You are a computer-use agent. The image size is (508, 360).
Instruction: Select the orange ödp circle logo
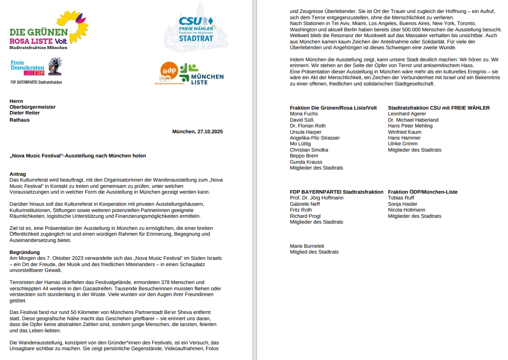click(169, 72)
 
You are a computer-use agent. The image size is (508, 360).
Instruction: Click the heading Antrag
click(18, 174)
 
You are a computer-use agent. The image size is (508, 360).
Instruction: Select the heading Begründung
click(25, 252)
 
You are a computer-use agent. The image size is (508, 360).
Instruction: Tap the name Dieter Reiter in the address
click(25, 113)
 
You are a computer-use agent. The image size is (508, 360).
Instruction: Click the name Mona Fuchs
click(304, 114)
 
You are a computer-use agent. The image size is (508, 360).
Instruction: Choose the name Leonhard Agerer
click(407, 114)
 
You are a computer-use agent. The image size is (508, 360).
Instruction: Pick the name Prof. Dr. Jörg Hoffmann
click(317, 198)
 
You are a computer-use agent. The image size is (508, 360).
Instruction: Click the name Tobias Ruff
click(401, 198)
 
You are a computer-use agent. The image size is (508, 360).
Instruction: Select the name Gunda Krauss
click(306, 162)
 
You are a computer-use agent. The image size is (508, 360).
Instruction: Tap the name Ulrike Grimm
click(403, 144)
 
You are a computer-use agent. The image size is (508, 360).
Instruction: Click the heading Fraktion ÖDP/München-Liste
click(423, 192)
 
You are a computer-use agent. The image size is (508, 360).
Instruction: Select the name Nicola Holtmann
click(406, 210)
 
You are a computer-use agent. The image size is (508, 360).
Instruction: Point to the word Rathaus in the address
click(20, 120)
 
